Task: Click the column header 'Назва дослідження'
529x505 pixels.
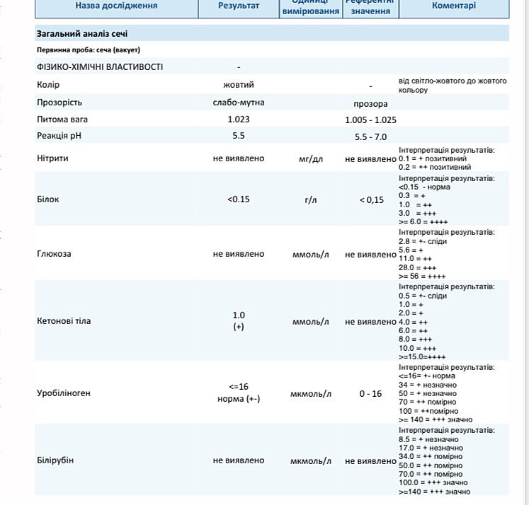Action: coord(117,6)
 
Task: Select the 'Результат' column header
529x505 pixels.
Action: coord(239,6)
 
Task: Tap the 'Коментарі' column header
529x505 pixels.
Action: coord(454,6)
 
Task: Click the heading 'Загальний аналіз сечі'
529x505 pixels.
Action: coord(82,34)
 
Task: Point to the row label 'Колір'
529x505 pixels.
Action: coord(48,85)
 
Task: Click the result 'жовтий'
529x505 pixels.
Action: coord(239,85)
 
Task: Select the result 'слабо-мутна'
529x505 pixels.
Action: coord(239,103)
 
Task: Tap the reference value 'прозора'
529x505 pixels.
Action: coord(370,104)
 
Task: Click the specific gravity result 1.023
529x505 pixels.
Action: coord(239,120)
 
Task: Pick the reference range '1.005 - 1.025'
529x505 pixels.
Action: coord(370,120)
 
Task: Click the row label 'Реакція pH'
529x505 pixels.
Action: coord(62,136)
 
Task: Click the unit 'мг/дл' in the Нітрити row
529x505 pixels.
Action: coord(311,159)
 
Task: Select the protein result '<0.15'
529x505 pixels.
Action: coord(239,199)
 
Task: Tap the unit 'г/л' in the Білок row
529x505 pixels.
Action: coord(311,200)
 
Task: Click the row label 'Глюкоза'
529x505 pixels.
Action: coord(54,254)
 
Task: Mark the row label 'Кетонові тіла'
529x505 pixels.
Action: coord(64,321)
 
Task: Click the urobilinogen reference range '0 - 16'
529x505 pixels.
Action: coord(370,394)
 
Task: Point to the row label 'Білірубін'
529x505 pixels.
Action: coord(55,460)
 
